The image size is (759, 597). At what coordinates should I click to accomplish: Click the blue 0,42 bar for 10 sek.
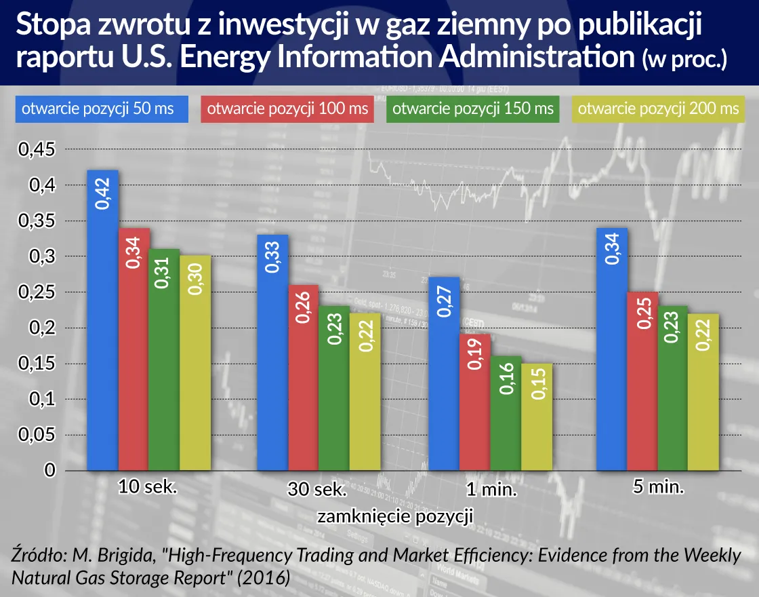(102, 320)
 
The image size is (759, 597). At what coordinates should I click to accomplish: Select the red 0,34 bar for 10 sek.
(134, 349)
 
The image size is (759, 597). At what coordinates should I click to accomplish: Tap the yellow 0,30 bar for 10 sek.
(196, 363)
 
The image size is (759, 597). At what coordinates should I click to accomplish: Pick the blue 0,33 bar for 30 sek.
(272, 353)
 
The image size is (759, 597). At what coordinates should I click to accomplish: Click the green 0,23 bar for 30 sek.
(334, 388)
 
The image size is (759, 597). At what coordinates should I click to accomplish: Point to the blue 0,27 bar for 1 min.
(444, 374)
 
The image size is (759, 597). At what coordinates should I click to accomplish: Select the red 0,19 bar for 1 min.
(475, 402)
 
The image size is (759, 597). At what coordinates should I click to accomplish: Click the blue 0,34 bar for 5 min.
(611, 349)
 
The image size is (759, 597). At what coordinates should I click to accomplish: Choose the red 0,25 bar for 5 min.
(642, 381)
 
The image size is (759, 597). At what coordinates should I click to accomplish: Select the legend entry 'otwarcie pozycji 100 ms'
(287, 109)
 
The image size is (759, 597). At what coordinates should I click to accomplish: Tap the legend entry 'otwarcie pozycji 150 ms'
(473, 109)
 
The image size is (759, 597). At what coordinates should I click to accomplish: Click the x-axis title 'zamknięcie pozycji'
(394, 517)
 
